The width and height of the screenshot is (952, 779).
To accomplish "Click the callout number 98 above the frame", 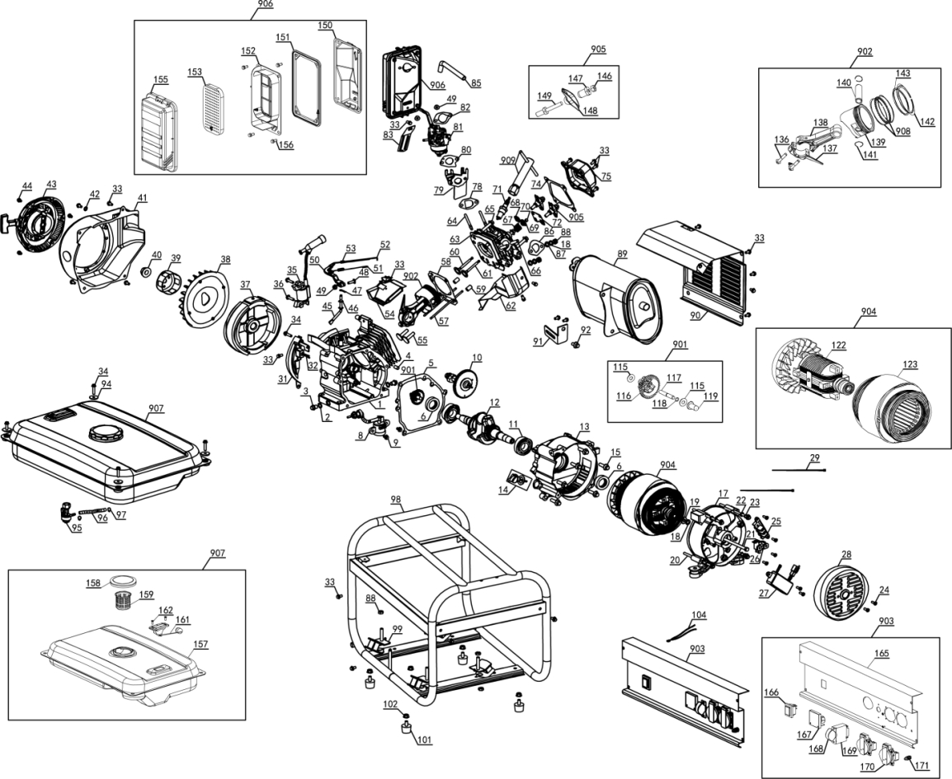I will click(x=396, y=500).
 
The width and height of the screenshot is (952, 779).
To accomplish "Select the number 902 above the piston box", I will click(x=864, y=52).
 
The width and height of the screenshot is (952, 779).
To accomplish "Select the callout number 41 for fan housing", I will click(x=143, y=198).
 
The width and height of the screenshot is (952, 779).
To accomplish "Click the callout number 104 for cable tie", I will click(x=699, y=615).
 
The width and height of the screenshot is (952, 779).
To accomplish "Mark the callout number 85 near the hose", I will click(x=476, y=82).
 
